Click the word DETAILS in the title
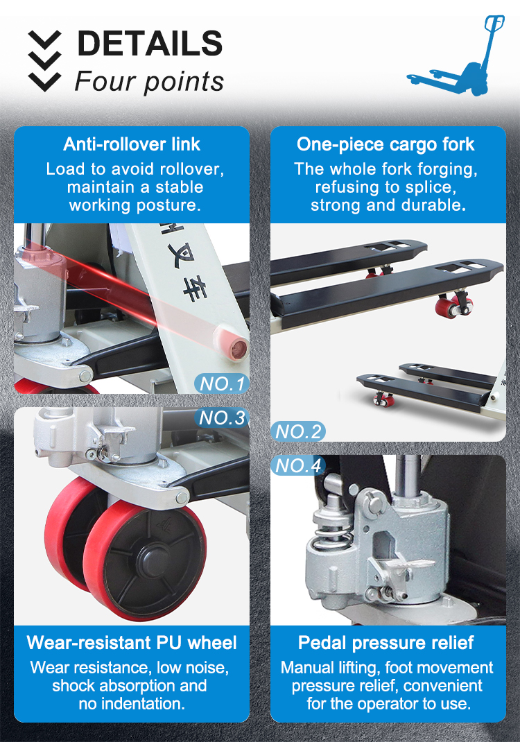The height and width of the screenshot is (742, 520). pyautogui.click(x=149, y=44)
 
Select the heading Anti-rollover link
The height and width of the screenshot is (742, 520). pyautogui.click(x=132, y=144)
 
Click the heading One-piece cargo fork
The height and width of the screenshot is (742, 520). pyautogui.click(x=385, y=144)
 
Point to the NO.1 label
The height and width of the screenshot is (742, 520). pyautogui.click(x=222, y=383)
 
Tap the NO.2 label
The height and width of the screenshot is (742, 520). pyautogui.click(x=299, y=432)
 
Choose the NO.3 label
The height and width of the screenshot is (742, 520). pyautogui.click(x=222, y=418)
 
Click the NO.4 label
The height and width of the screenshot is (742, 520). pyautogui.click(x=299, y=465)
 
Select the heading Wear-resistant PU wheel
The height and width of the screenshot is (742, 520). pyautogui.click(x=132, y=643)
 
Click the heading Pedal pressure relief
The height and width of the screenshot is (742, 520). pyautogui.click(x=386, y=643)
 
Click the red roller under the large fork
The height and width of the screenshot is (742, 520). pyautogui.click(x=447, y=304)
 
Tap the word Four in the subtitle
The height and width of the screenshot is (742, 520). pyautogui.click(x=96, y=82)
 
